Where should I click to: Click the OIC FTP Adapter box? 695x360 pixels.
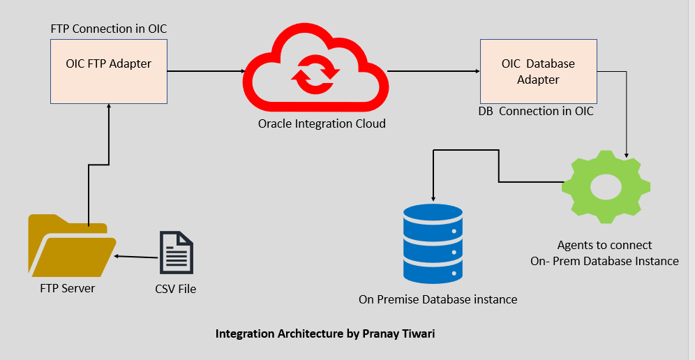[109, 70]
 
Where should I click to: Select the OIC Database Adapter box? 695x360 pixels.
[538, 71]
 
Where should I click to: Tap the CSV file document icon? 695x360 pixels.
[176, 253]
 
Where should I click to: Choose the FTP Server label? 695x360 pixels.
[67, 288]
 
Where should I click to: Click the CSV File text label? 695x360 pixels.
[175, 288]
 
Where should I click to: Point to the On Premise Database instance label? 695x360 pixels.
[438, 299]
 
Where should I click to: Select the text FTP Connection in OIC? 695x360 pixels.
[109, 29]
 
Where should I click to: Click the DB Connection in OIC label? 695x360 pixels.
[536, 111]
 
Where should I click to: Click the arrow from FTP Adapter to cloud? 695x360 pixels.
[205, 71]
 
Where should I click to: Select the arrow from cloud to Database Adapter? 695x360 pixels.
[433, 71]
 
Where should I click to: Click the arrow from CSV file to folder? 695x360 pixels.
[137, 257]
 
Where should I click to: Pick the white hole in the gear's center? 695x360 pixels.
[606, 187]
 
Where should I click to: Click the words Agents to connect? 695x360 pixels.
[604, 245]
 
